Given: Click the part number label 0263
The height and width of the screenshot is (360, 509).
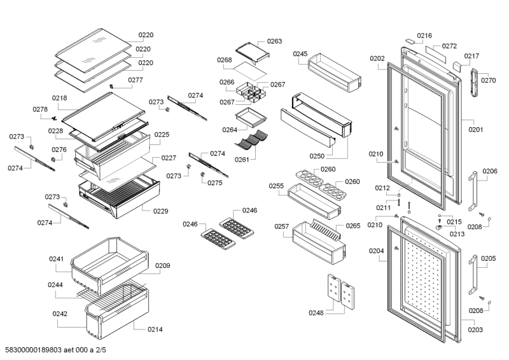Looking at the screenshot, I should pyautogui.click(x=274, y=41).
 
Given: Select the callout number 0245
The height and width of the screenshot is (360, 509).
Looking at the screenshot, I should pyautogui.click(x=300, y=54).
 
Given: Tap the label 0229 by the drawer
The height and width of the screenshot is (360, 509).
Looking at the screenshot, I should pyautogui.click(x=160, y=211).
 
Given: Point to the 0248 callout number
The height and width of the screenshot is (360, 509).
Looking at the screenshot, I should pyautogui.click(x=316, y=312).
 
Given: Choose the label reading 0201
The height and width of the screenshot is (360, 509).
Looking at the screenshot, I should pyautogui.click(x=476, y=130).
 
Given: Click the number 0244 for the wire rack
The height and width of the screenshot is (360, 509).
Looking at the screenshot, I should pyautogui.click(x=55, y=285).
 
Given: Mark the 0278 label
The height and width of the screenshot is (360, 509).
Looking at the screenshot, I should pyautogui.click(x=39, y=109).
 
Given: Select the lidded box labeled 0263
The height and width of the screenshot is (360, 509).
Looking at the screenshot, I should pyautogui.click(x=252, y=51).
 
